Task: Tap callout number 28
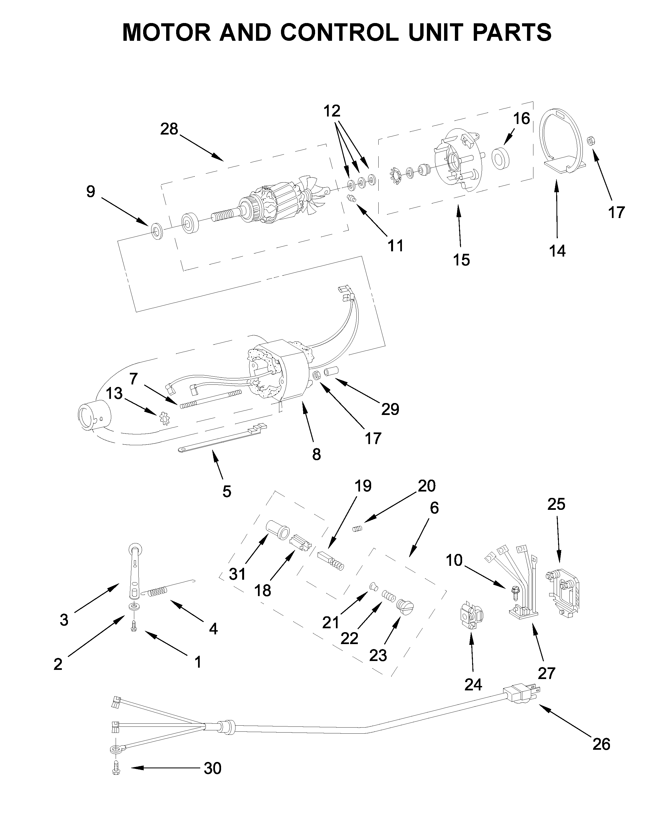coord(169,129)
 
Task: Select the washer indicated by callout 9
coord(157,231)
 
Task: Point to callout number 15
coord(461,260)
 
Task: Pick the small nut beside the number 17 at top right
coord(591,141)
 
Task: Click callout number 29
coord(390,409)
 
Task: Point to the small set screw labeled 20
coord(358,529)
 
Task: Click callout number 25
coord(556,504)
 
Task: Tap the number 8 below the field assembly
coord(317,454)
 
